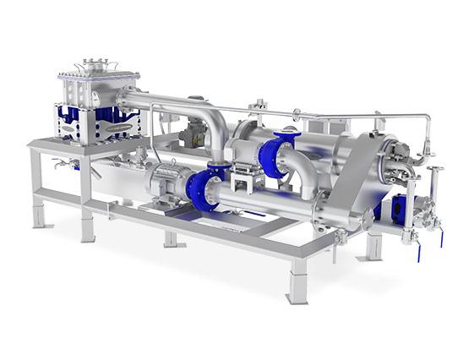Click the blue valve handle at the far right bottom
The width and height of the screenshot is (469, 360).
[417, 251]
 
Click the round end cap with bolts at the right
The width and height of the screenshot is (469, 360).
[392, 161]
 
